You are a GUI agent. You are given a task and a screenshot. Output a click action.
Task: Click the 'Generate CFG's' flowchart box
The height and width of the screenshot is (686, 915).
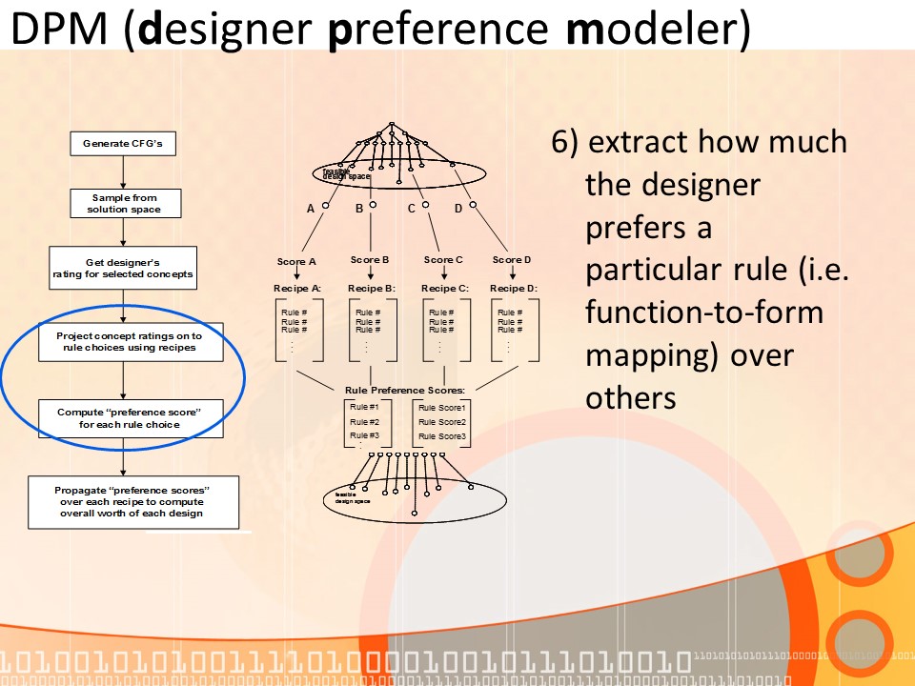[x=123, y=145]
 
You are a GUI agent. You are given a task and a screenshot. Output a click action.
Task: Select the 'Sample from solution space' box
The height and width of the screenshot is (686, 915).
[x=125, y=204]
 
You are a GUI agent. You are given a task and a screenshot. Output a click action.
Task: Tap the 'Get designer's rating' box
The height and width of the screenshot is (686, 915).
[x=123, y=268]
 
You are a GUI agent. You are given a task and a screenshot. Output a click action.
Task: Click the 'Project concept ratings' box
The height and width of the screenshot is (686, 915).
[x=132, y=342]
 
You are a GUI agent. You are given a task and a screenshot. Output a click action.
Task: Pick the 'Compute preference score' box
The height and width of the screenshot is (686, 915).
[x=131, y=418]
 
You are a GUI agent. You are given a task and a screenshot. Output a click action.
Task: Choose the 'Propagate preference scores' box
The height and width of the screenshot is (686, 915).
[x=132, y=501]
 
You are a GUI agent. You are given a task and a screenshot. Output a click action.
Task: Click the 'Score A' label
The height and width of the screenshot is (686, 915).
[x=296, y=261]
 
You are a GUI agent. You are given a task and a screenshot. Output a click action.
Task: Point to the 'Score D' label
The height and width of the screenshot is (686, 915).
[x=512, y=259]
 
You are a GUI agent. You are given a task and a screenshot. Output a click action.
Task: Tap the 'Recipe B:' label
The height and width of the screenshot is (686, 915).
[x=371, y=288]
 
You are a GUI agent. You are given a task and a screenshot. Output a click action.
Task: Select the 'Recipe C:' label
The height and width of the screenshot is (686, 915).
[x=444, y=288]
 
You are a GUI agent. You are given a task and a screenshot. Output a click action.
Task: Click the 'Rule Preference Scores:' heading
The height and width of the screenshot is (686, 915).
[x=405, y=390]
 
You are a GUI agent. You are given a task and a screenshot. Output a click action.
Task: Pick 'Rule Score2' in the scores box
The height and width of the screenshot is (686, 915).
[x=442, y=422]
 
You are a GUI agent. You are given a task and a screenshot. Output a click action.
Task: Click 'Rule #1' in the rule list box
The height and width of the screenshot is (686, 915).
[x=364, y=408]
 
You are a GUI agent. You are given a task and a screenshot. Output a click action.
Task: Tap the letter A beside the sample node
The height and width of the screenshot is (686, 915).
[x=311, y=208]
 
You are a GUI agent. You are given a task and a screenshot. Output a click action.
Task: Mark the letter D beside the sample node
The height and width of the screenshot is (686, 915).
[x=457, y=208]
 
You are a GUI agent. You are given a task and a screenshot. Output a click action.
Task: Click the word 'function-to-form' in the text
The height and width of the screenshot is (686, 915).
[x=704, y=312]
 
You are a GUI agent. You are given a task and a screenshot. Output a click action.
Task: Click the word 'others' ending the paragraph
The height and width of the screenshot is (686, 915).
[x=631, y=397]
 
